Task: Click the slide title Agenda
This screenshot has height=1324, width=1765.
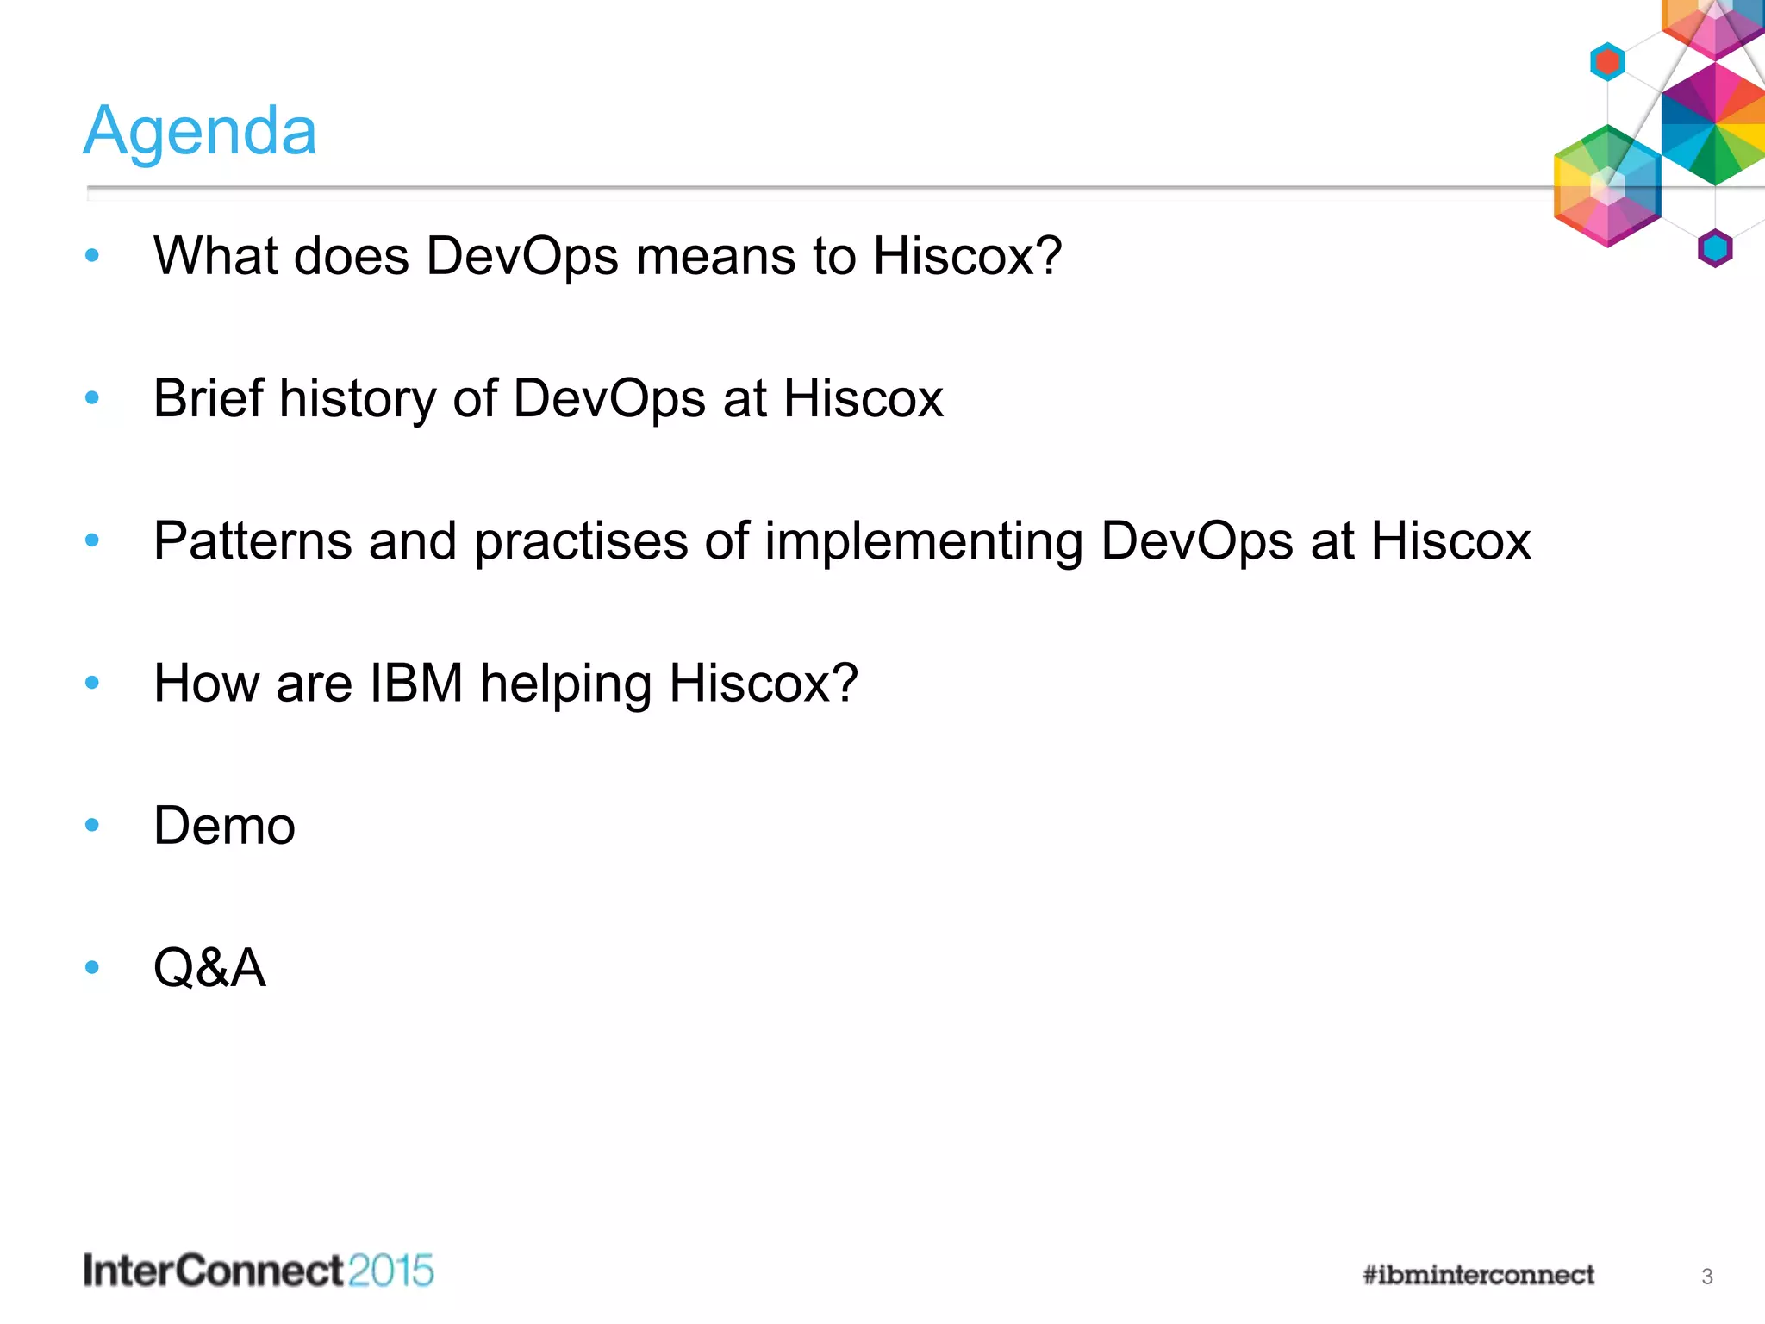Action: coord(200,131)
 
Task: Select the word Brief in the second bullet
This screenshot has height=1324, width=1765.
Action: coord(208,398)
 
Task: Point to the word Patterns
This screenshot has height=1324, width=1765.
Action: coord(253,541)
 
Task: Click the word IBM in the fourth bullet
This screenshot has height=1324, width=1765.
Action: coord(416,684)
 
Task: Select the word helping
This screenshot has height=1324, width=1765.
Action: coord(565,684)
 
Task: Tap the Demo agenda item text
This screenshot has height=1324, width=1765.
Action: coord(224,826)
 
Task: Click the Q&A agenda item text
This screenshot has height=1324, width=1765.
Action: coord(209,968)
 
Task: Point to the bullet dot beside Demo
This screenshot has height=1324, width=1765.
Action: coord(92,826)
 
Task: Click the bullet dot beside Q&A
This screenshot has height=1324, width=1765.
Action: coord(92,968)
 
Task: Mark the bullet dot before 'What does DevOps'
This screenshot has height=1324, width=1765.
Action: coord(92,256)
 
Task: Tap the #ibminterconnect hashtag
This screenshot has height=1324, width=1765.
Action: coord(1478,1275)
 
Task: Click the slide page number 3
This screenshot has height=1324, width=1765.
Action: coord(1706,1277)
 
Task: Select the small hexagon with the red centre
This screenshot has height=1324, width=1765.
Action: coord(1607,62)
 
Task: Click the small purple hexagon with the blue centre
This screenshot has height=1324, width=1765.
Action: coord(1714,248)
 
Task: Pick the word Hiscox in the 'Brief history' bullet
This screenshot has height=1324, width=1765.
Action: coord(863,398)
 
